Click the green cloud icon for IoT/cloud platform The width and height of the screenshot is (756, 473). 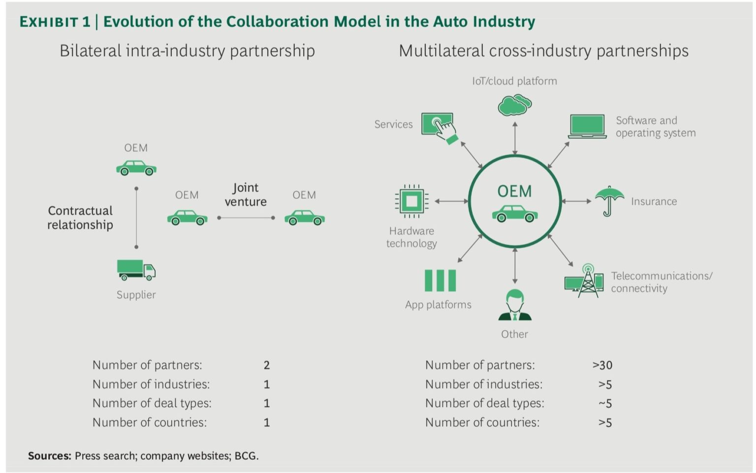[x=514, y=105]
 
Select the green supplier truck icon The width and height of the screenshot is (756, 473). [x=136, y=270]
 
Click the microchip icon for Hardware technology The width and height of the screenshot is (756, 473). [x=411, y=201]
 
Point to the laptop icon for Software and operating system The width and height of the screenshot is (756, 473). [x=587, y=126]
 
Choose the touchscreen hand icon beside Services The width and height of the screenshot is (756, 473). [x=439, y=126]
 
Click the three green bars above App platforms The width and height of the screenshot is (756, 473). [x=440, y=281]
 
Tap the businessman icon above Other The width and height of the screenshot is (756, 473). [x=515, y=305]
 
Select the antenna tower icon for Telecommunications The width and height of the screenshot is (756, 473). [x=585, y=281]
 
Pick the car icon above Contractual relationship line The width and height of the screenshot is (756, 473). [x=136, y=168]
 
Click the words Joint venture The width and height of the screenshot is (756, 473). [x=246, y=194]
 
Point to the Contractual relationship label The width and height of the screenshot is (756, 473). [x=80, y=218]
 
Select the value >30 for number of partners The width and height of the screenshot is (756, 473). [x=602, y=365]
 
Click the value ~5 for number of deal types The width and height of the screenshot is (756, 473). [x=605, y=404]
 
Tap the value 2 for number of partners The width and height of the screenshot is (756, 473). [x=267, y=365]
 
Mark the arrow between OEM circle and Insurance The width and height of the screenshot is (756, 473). [x=576, y=201]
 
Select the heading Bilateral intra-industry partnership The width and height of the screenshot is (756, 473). [x=187, y=51]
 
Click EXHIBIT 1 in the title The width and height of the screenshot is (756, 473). [x=55, y=22]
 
